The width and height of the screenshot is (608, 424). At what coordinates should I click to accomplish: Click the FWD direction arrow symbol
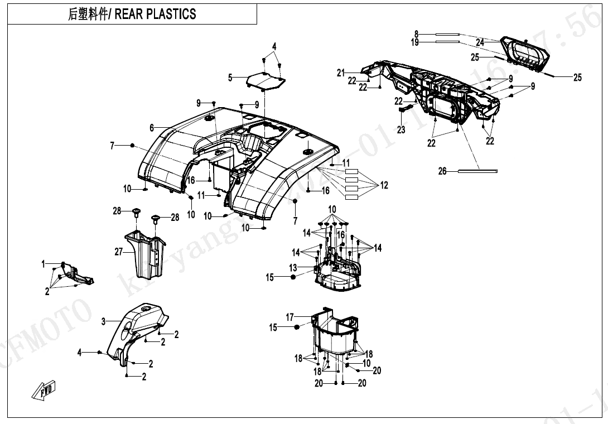(44, 391)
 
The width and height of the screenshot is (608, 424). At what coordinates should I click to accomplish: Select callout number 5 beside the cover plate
(230, 78)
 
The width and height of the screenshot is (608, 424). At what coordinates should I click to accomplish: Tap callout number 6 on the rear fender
(152, 128)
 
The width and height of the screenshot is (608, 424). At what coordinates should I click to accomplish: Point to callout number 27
(118, 252)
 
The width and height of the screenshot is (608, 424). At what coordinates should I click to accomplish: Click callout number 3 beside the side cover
(104, 321)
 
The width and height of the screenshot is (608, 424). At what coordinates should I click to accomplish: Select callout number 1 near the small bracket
(44, 264)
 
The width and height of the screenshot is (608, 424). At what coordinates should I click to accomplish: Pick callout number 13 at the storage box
(293, 268)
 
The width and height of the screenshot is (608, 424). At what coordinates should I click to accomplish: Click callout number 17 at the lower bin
(290, 317)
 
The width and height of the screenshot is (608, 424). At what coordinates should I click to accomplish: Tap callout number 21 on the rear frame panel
(341, 73)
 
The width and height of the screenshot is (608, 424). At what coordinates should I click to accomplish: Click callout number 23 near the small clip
(401, 130)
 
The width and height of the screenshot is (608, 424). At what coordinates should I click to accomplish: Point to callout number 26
(442, 171)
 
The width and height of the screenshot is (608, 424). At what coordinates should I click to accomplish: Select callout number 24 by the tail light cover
(480, 42)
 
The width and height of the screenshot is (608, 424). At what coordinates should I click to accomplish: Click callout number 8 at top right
(416, 34)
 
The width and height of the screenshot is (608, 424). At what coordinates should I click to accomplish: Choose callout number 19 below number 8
(415, 42)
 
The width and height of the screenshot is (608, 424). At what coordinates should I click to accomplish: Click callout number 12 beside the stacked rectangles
(384, 186)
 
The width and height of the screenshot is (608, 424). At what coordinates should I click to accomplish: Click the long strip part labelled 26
(477, 171)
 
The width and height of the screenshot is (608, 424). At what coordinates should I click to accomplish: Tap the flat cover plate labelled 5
(266, 82)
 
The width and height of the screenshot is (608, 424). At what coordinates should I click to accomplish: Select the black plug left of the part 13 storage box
(293, 277)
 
